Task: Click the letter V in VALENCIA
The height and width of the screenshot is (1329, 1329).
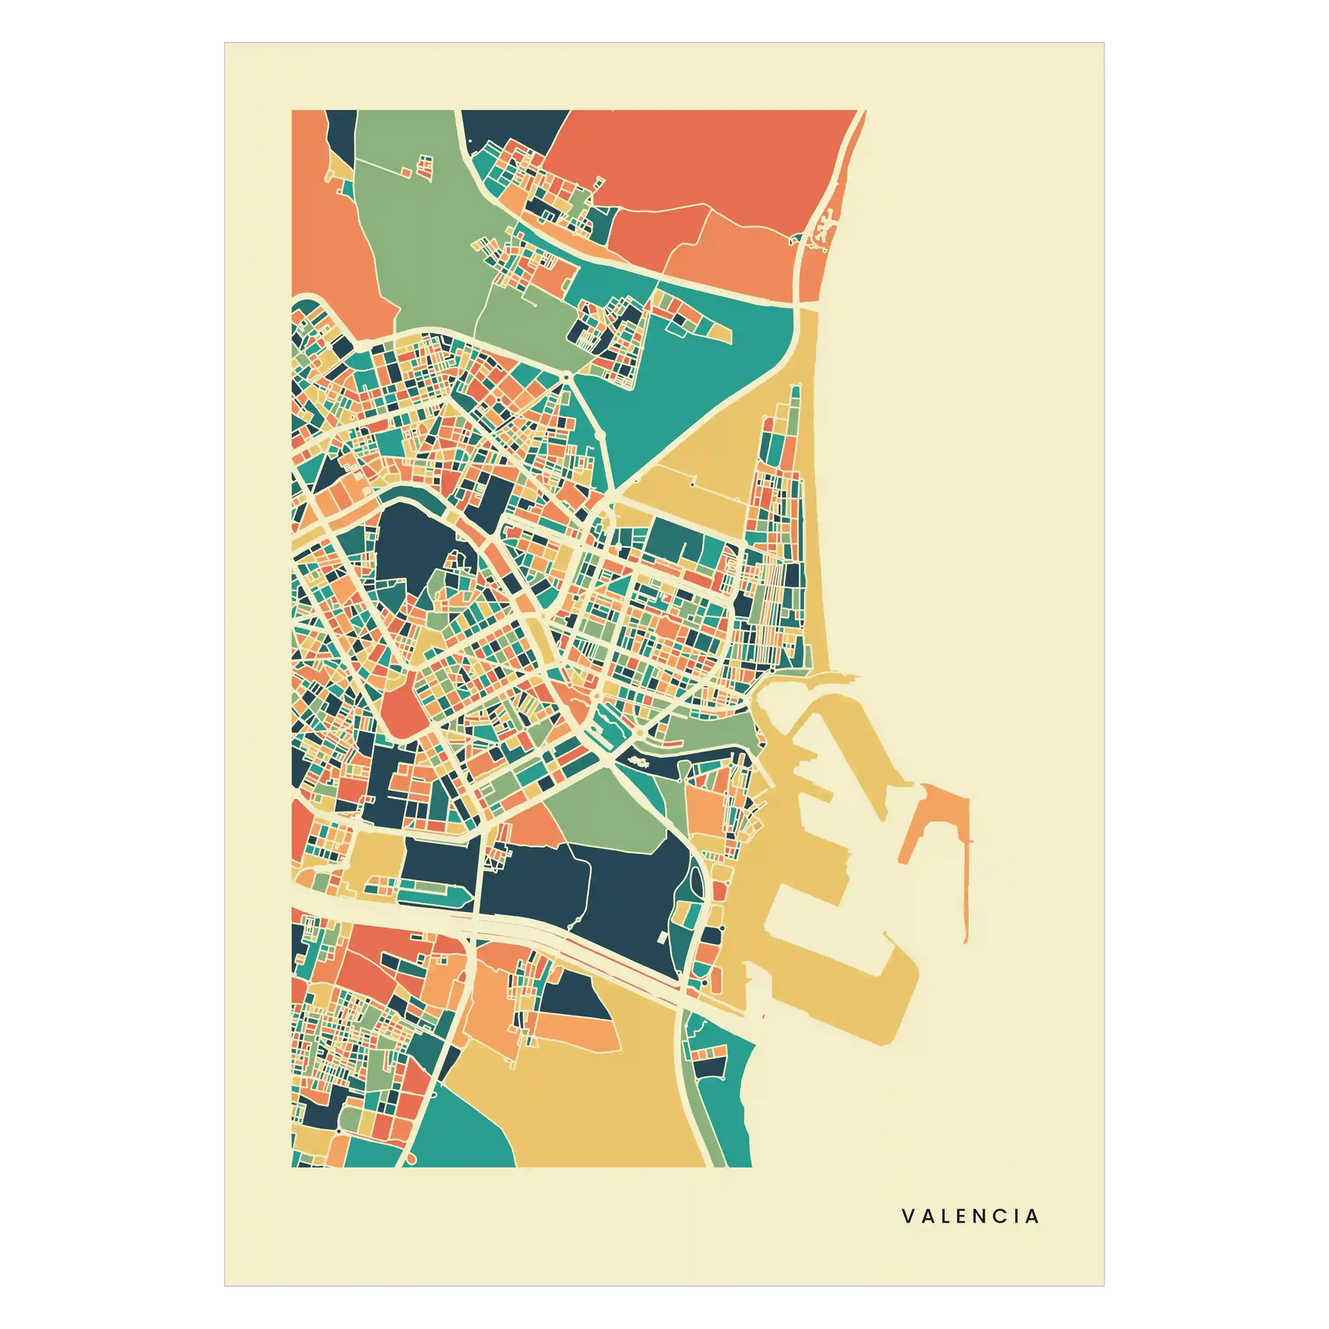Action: click(x=908, y=1216)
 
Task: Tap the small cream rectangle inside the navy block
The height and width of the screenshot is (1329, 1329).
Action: click(x=662, y=937)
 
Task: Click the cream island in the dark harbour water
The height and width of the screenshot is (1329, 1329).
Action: click(x=636, y=761)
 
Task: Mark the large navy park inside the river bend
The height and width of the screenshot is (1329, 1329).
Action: click(x=406, y=550)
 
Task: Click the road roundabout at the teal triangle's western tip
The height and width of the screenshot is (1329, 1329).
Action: click(x=565, y=377)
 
